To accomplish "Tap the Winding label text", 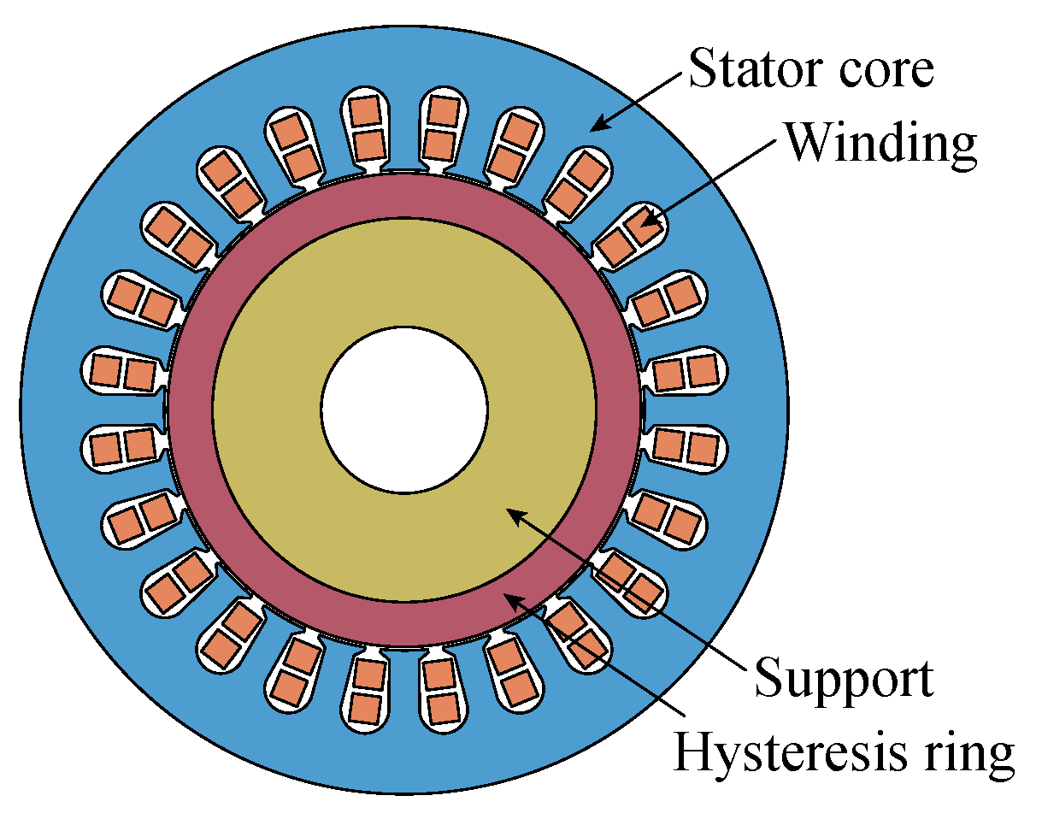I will [880, 143].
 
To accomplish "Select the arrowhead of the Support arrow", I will [511, 511].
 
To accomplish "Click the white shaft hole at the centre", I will [404, 409].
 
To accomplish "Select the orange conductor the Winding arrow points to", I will [637, 228].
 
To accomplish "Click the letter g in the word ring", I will [998, 759].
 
